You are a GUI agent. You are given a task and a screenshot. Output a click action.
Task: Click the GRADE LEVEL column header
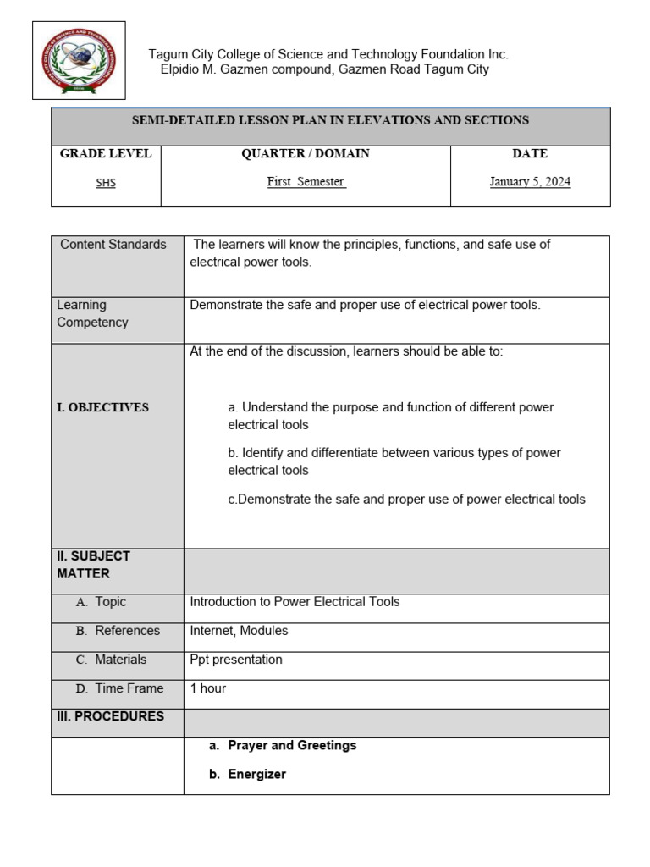coord(106,154)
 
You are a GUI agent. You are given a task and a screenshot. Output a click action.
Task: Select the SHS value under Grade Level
coord(106,182)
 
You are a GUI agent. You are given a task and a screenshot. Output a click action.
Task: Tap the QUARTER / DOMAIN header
coord(306,154)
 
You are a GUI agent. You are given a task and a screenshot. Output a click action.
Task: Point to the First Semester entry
coord(306,182)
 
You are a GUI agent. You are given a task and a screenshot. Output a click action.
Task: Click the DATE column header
coord(530,154)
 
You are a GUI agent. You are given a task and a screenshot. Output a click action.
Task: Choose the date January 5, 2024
coord(530,182)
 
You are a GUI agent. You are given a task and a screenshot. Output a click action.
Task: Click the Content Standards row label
coord(113,245)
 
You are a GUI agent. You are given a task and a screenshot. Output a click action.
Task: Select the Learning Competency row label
coord(92,313)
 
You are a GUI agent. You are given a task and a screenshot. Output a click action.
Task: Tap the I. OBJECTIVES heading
coord(102,407)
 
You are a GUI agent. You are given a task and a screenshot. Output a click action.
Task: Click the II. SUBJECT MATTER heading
coord(93,565)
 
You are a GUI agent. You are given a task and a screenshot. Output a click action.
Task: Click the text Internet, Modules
coord(239,631)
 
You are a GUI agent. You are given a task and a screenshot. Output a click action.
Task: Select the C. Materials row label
coord(111,660)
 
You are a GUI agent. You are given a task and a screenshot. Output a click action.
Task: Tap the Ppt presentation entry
coord(236,660)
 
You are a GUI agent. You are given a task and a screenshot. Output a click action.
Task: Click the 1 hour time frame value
coord(207,688)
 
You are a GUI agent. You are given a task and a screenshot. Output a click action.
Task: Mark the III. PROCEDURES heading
coord(110,716)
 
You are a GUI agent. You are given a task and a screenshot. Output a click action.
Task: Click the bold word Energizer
coord(256,774)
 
